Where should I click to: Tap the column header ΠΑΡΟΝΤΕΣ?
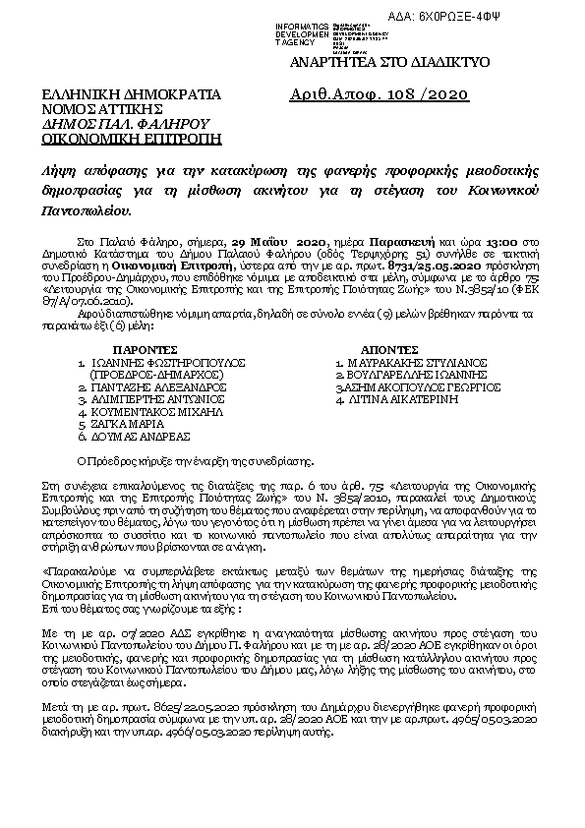(145, 349)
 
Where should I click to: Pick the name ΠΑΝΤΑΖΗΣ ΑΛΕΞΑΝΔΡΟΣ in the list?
(159, 387)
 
